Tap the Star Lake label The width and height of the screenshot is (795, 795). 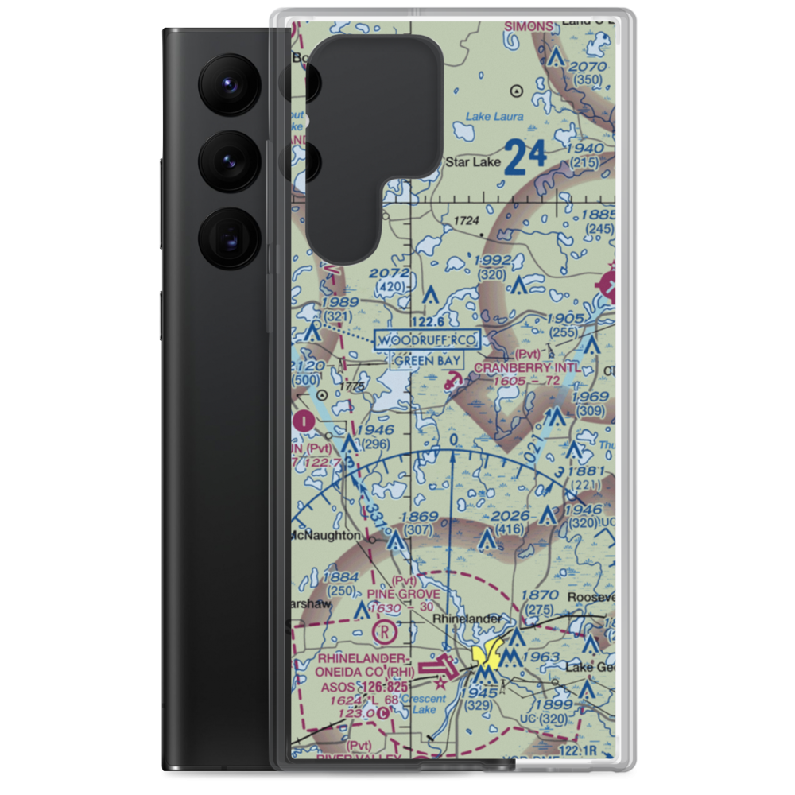tap(473, 163)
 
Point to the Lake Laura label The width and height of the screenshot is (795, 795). tap(494, 117)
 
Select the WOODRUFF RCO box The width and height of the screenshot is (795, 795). tap(428, 340)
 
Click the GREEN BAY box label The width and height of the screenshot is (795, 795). tap(427, 360)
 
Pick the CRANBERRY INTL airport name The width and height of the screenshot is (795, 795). tap(533, 368)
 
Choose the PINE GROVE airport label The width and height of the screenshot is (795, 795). tap(402, 594)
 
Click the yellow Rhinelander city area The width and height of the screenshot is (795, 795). tap(486, 655)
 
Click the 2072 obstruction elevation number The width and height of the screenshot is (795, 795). tap(390, 273)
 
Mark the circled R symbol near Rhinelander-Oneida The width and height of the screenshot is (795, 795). tap(382, 632)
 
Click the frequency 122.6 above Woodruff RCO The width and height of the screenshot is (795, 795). tap(429, 321)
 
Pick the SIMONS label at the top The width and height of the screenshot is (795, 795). tap(529, 26)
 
